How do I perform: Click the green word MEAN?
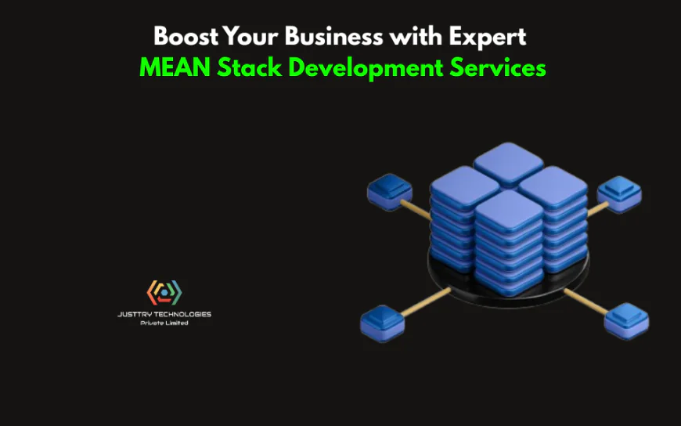[x=175, y=68]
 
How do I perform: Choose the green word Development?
[x=367, y=69]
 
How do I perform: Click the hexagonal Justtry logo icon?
[x=164, y=293]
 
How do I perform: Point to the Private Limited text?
[x=164, y=323]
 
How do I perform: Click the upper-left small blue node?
[x=389, y=190]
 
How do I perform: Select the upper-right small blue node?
[x=619, y=193]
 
